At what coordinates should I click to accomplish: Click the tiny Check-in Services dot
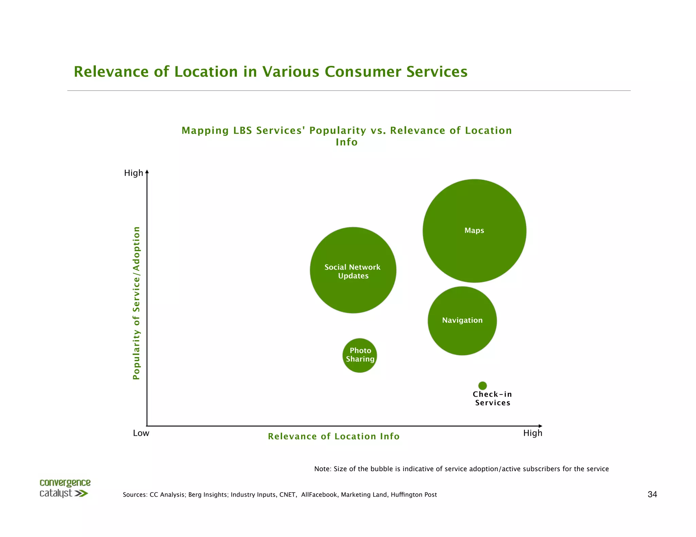click(x=483, y=386)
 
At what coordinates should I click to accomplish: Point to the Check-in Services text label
click(x=492, y=399)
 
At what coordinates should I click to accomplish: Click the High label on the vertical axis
click(x=133, y=173)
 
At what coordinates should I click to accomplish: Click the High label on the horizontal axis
click(x=533, y=433)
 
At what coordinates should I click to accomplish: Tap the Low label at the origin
click(x=141, y=433)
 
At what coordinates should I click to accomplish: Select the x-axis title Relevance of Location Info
click(x=334, y=437)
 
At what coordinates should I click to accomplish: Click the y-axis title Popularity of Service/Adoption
click(x=136, y=303)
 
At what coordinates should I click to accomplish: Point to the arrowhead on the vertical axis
click(x=147, y=172)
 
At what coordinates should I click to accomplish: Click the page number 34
click(x=652, y=495)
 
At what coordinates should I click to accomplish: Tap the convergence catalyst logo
click(x=65, y=488)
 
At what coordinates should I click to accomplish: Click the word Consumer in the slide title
click(x=363, y=72)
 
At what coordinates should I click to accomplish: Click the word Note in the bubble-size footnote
click(x=321, y=469)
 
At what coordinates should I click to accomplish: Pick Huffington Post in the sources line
click(x=414, y=495)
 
